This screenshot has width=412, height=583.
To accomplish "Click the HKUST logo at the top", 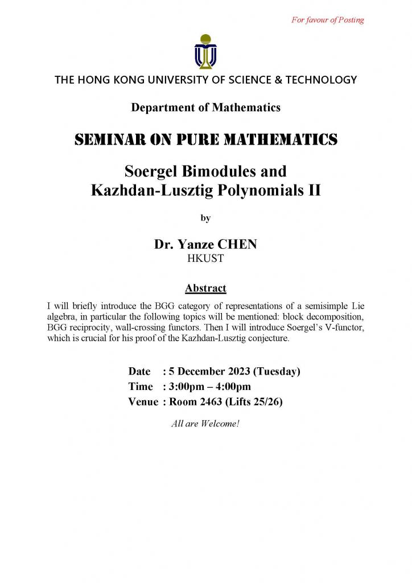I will (205, 51).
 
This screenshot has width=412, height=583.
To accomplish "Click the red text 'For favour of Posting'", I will (327, 20).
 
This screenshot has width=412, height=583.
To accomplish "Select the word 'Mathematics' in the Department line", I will (251, 107).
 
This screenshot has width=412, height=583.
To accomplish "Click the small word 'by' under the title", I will (205, 217).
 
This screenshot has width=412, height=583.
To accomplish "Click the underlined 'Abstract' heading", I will (205, 288).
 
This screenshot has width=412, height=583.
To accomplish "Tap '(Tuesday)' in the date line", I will (277, 372).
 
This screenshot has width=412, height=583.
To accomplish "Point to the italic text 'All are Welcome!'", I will (205, 424).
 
